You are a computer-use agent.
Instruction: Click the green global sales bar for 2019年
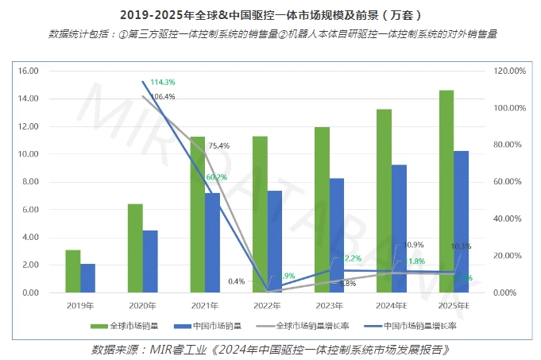tap(72, 271)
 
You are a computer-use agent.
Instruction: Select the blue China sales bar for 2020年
tap(149, 261)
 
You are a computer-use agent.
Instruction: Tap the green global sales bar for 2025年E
tap(446, 192)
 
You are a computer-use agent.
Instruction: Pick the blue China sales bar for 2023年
tap(337, 235)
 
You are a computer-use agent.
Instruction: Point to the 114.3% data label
tap(162, 82)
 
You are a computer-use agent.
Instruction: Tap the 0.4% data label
tap(236, 281)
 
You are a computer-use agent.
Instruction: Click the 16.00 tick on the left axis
tap(29, 71)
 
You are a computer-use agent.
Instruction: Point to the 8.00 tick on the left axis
tap(30, 182)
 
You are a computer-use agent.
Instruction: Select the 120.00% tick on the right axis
tap(509, 71)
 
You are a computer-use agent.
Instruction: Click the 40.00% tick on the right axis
tap(508, 219)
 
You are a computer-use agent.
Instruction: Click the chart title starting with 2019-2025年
tap(270, 14)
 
